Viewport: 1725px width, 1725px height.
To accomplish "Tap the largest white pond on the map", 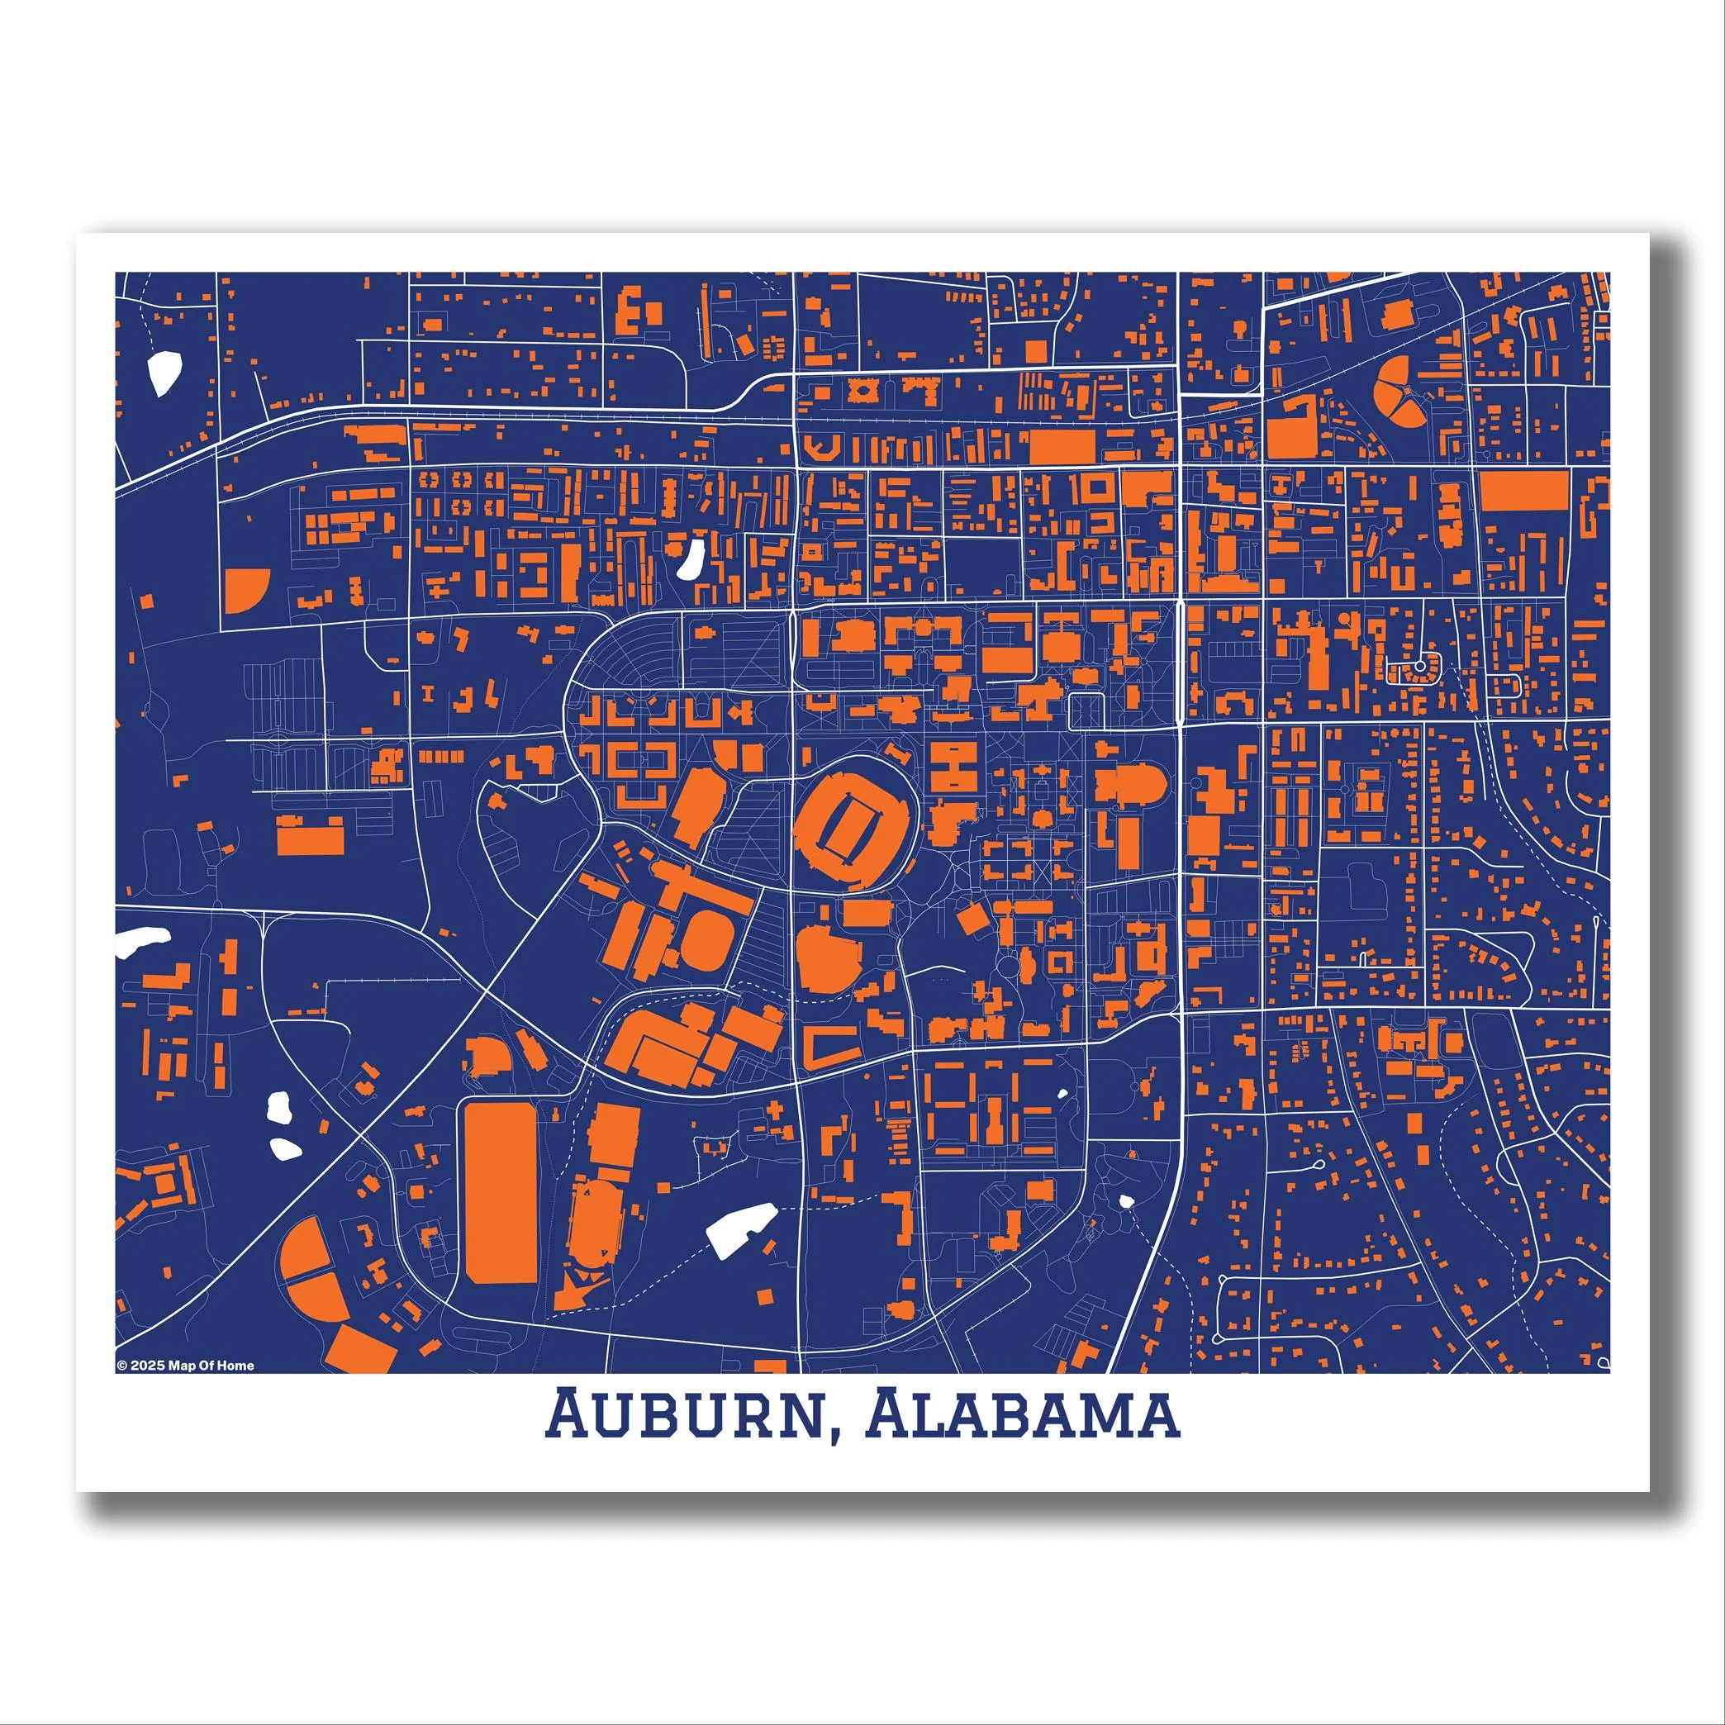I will [739, 1228].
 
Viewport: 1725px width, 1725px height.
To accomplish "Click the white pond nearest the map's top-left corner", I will [166, 373].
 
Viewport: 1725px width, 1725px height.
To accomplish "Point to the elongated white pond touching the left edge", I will [141, 939].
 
